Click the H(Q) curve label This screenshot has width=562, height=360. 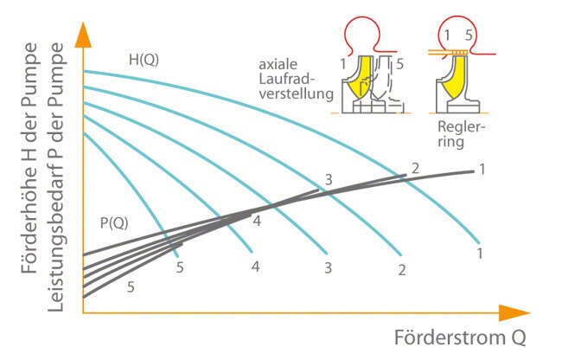144,60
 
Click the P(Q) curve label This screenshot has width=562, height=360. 113,222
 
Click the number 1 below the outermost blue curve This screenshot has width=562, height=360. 479,254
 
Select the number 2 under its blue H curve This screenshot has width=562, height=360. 401,269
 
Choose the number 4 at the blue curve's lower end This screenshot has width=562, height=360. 256,266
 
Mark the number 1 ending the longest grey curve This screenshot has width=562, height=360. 481,169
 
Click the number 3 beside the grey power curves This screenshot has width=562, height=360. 328,180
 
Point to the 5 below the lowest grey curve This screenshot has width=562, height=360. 131,286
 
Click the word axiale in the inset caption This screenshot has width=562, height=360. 278,64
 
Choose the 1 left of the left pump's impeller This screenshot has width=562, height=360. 342,63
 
